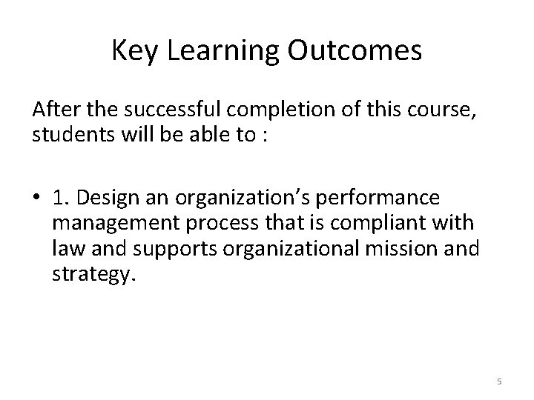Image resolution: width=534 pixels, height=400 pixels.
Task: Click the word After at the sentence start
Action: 53,111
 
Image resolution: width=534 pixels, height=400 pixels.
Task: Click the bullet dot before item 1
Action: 37,199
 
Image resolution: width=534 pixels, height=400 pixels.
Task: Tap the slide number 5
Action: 498,381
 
